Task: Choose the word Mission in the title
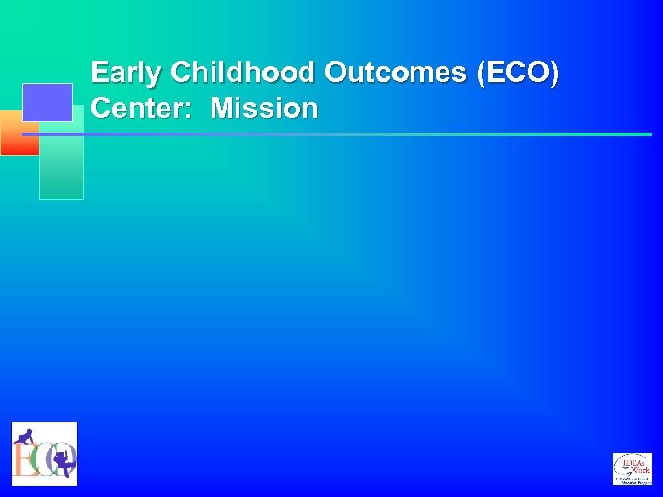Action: click(x=264, y=109)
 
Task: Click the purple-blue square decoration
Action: click(x=47, y=102)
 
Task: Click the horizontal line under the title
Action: click(x=368, y=134)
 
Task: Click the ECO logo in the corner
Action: click(x=44, y=454)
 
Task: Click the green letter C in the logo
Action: click(x=38, y=458)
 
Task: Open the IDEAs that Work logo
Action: click(x=632, y=468)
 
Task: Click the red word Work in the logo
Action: click(x=637, y=469)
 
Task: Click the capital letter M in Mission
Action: click(x=222, y=109)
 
